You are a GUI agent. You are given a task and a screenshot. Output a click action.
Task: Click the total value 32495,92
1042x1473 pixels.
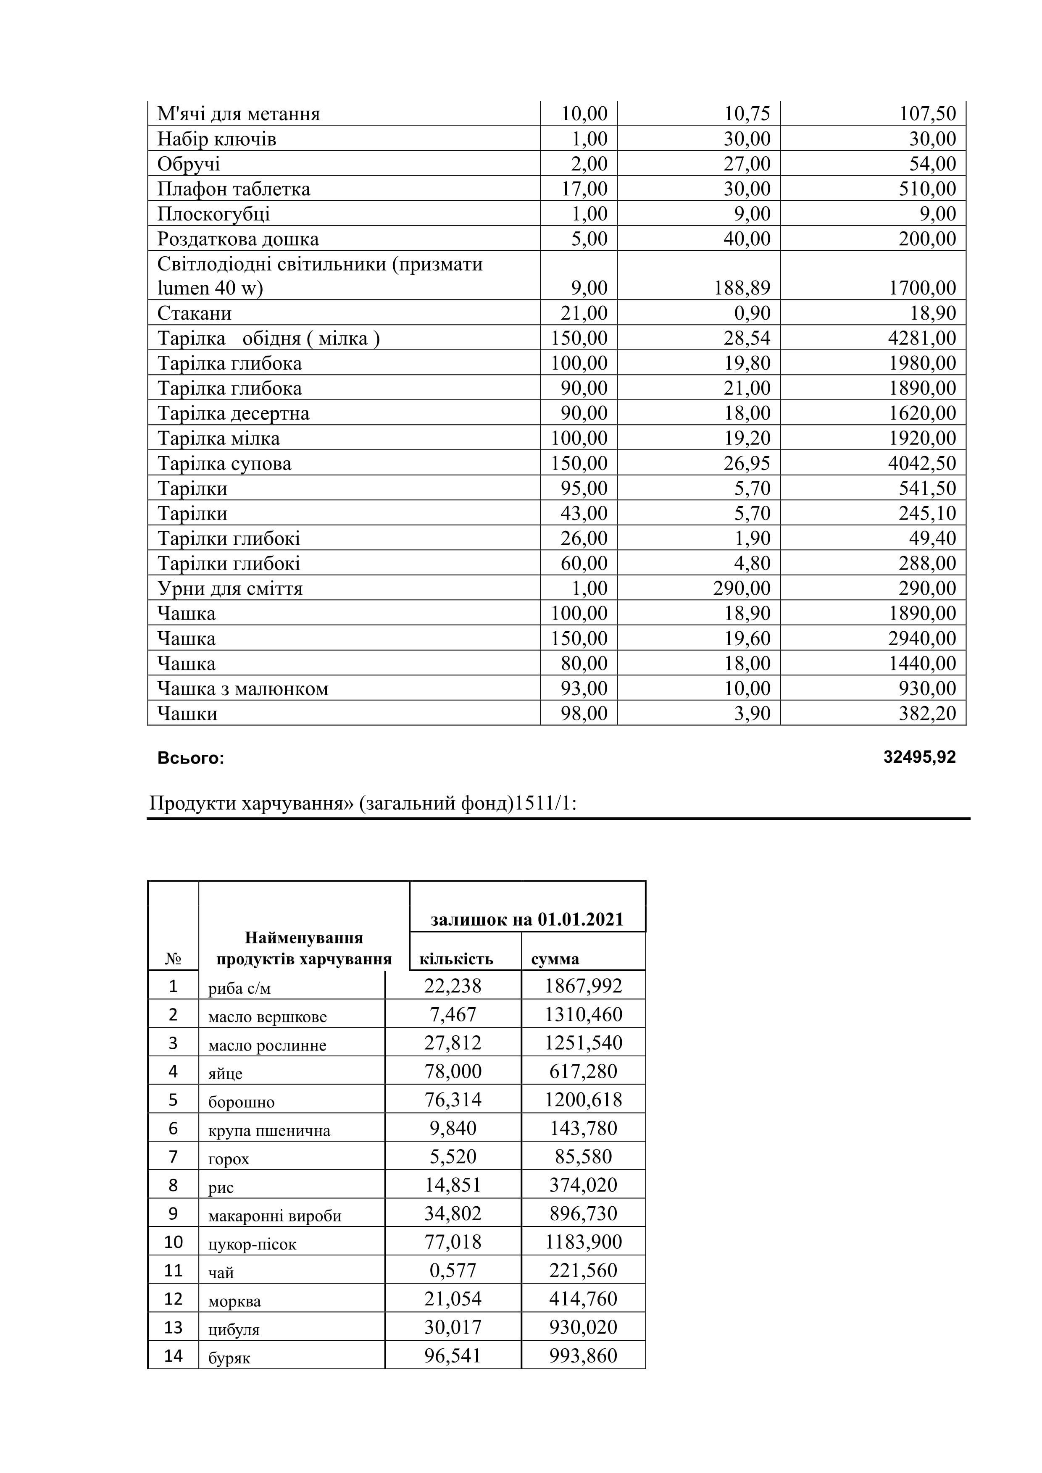[x=919, y=758]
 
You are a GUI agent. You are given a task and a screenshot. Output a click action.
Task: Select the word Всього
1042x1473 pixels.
[x=191, y=758]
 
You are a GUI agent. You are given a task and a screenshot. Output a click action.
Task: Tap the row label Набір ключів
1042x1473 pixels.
[x=217, y=139]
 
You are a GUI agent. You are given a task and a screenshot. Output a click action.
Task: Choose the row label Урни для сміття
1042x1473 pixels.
[x=230, y=588]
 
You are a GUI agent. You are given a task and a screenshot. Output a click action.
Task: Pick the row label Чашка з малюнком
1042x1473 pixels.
[x=242, y=688]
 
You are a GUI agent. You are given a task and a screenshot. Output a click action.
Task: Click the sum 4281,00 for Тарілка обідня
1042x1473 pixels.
[x=922, y=338]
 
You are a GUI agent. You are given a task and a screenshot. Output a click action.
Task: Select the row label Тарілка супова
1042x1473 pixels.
[x=224, y=463]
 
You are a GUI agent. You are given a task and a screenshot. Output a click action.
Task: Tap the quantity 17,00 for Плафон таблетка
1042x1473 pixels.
[x=584, y=189]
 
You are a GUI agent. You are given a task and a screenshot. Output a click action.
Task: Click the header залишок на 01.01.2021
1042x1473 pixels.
[x=527, y=919]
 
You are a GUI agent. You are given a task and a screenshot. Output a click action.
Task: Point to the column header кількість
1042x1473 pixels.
[x=456, y=959]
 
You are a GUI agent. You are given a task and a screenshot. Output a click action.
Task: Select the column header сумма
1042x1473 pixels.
[x=555, y=959]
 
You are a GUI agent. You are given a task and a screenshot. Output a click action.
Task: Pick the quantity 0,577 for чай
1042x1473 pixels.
[x=453, y=1270]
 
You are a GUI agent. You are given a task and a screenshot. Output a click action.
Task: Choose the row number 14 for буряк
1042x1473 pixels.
[x=173, y=1355]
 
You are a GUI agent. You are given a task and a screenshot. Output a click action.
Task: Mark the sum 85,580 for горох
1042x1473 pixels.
[x=583, y=1157]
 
